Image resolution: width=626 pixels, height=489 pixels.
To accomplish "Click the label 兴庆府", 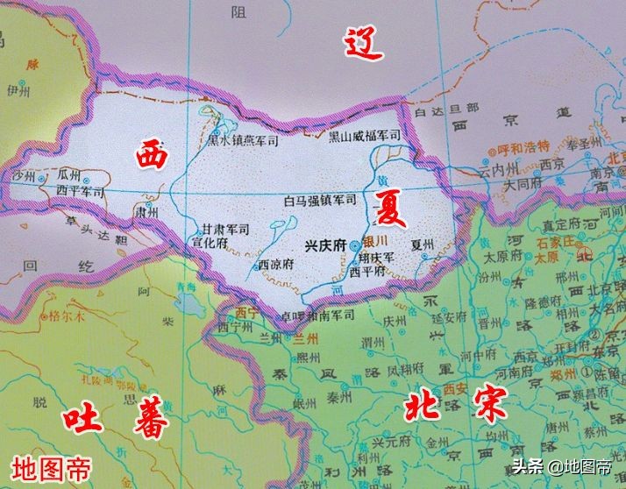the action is (324, 246).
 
